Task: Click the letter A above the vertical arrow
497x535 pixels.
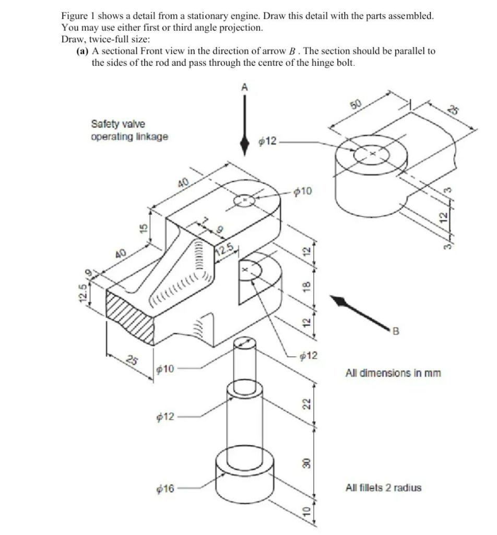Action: (x=244, y=88)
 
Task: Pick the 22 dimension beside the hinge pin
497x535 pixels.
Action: (x=307, y=403)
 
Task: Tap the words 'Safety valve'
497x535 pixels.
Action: (x=118, y=124)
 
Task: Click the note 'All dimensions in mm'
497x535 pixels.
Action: (x=393, y=373)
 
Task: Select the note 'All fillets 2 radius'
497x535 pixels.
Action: (x=383, y=488)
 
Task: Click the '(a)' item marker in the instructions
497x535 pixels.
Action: (x=83, y=51)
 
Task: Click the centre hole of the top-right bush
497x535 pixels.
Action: (x=372, y=155)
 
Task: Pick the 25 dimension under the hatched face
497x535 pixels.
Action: (x=134, y=360)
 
